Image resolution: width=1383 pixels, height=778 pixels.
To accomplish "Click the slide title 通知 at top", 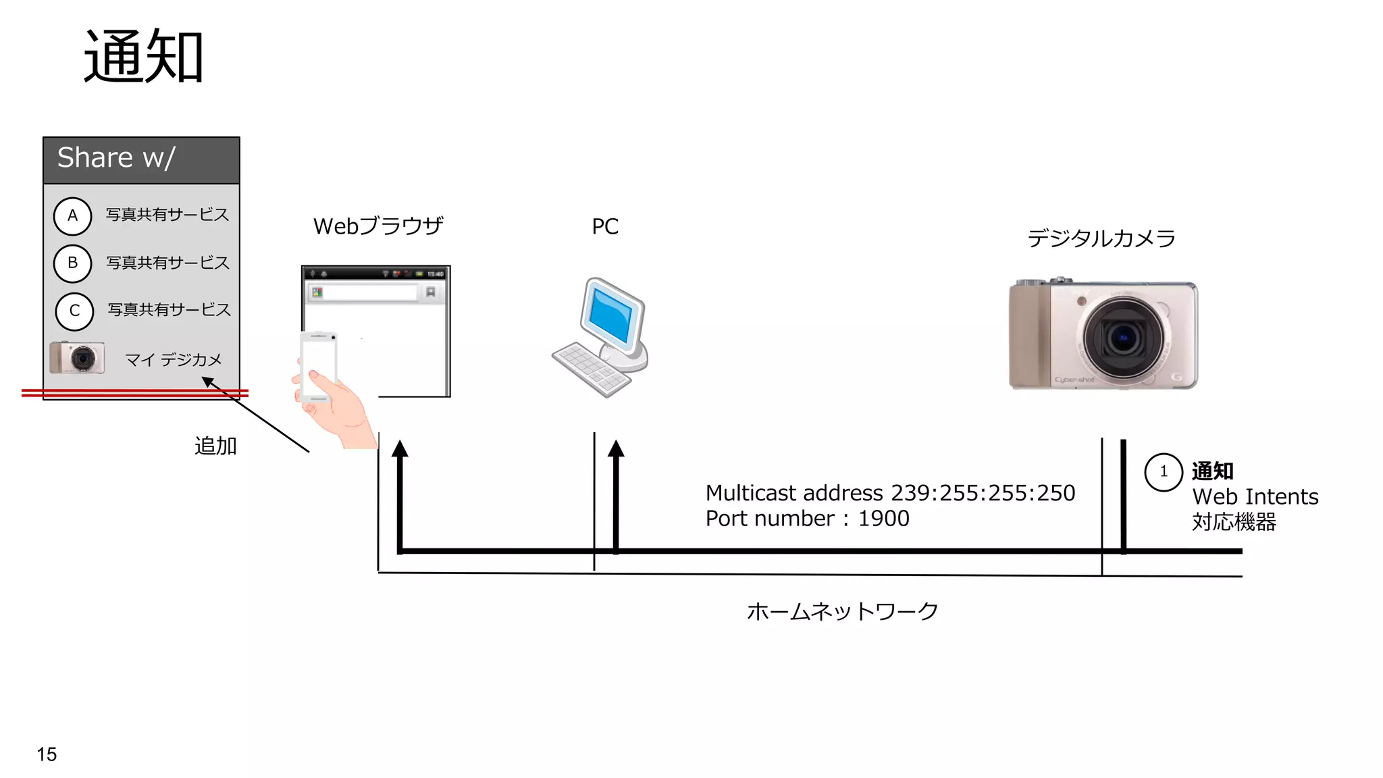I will tap(143, 57).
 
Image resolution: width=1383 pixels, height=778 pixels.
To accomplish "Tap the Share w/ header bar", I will tap(141, 160).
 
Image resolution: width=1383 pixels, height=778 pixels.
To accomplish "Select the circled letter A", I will tap(72, 216).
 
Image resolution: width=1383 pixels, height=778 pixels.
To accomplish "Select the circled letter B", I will tap(72, 263).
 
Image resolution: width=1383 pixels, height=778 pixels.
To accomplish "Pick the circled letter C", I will tap(74, 311).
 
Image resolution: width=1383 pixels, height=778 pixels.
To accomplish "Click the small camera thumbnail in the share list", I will tap(78, 358).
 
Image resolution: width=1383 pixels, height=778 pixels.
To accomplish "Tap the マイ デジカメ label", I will tap(174, 360).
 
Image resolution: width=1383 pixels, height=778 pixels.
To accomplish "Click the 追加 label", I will tap(215, 446).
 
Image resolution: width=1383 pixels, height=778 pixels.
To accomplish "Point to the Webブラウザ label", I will tap(378, 226).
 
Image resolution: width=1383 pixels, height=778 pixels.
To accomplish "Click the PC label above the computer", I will tap(605, 227).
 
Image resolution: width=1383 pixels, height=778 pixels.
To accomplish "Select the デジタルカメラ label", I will tap(1101, 238).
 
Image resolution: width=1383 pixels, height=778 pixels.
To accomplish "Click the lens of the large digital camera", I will tap(1123, 338).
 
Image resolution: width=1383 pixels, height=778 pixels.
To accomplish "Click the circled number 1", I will tap(1164, 472).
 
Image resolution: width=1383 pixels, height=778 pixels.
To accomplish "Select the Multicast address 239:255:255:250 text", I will tap(890, 493).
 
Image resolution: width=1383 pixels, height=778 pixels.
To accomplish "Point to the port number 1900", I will tap(883, 519).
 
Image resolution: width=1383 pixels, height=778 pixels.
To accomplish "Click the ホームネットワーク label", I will tap(842, 612).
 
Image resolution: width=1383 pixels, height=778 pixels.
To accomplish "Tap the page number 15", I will tap(47, 754).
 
